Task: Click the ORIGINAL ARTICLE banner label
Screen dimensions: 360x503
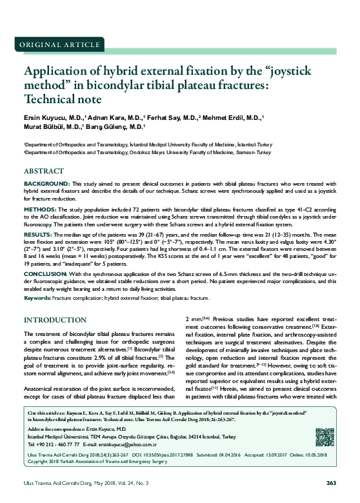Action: coord(52,44)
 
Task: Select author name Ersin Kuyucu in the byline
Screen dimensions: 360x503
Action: coord(49,119)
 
